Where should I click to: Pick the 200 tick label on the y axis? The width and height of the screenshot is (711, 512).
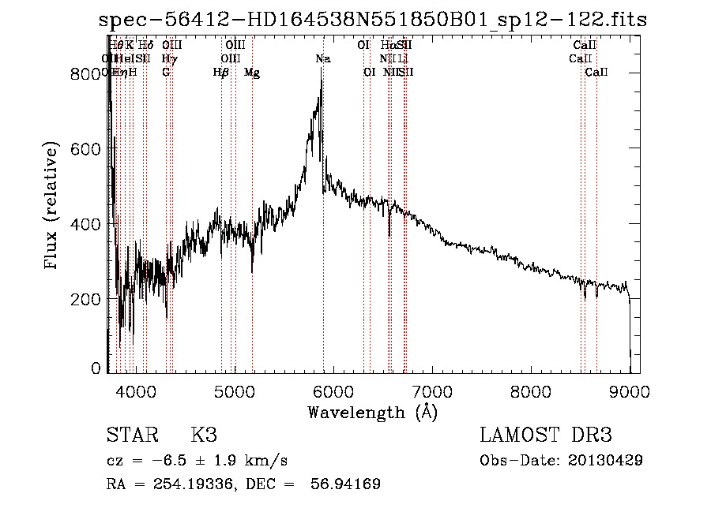(88, 299)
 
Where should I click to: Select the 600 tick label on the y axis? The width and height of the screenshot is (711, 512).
(88, 149)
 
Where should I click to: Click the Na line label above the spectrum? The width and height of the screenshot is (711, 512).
(322, 59)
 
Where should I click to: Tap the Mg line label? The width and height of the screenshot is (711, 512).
(252, 73)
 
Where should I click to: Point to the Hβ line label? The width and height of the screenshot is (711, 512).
(221, 73)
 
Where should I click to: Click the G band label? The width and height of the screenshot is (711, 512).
(166, 73)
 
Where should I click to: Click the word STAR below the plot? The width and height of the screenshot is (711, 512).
(131, 435)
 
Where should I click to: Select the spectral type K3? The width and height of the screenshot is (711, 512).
(204, 435)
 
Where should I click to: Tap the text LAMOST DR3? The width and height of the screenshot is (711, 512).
(546, 435)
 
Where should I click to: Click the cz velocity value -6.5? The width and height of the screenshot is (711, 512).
(173, 460)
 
